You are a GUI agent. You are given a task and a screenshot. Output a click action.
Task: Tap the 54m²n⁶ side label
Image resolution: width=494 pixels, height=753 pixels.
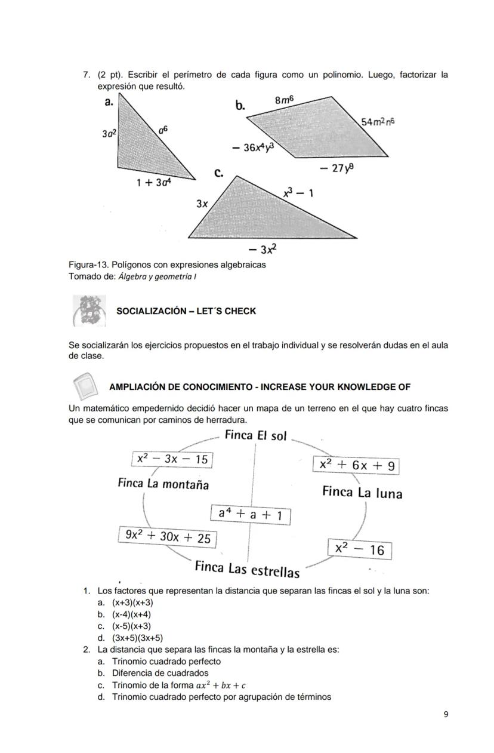(x=378, y=122)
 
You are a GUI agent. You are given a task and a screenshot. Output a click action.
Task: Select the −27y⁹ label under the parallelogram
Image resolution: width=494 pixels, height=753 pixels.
(x=336, y=168)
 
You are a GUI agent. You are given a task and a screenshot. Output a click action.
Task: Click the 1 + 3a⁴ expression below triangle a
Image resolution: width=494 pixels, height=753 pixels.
(x=154, y=183)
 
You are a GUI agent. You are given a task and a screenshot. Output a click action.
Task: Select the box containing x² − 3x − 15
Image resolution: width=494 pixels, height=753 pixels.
(x=172, y=459)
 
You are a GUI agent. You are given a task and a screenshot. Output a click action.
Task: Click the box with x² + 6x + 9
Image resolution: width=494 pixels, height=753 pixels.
(x=356, y=465)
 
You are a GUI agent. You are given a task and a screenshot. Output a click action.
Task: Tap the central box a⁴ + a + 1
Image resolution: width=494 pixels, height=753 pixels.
(x=251, y=514)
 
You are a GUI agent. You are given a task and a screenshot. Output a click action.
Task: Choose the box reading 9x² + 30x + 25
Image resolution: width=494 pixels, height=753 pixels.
(x=167, y=537)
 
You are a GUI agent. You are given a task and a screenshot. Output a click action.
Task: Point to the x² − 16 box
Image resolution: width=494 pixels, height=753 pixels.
(x=360, y=549)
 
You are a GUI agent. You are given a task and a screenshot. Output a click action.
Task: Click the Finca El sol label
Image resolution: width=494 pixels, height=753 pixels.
(x=256, y=435)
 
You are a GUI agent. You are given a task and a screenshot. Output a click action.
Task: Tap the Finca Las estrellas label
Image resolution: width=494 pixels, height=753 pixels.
(x=247, y=569)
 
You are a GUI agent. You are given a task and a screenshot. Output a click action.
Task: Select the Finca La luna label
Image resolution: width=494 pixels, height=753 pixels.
(x=362, y=493)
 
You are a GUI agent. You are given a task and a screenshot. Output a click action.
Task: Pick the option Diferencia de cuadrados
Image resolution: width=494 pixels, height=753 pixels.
(x=160, y=673)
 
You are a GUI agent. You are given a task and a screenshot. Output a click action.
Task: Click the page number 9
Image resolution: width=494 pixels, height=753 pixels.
(x=446, y=714)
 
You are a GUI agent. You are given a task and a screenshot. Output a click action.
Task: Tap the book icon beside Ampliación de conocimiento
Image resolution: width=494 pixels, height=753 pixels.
(x=84, y=386)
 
